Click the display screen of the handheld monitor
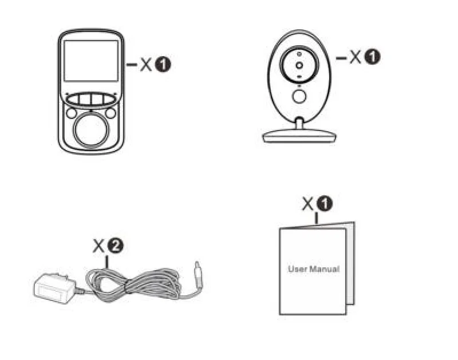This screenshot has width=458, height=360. (x=90, y=61)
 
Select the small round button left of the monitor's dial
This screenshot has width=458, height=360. (x=71, y=113)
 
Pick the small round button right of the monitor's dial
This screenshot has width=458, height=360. (x=110, y=113)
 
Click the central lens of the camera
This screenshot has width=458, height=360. (x=299, y=66)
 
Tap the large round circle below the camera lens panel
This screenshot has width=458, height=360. (x=299, y=96)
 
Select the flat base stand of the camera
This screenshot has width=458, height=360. (x=298, y=136)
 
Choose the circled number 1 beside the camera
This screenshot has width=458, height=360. (x=373, y=57)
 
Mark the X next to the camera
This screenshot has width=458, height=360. (x=356, y=57)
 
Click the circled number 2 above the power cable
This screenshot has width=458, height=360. (x=116, y=247)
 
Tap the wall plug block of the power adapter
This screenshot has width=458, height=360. (x=53, y=288)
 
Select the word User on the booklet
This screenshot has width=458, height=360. (x=298, y=268)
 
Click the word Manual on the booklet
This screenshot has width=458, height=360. (x=324, y=268)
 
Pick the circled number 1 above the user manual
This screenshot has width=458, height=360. (x=325, y=203)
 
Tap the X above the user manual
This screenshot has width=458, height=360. (x=309, y=203)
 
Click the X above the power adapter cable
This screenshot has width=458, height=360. (x=99, y=247)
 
